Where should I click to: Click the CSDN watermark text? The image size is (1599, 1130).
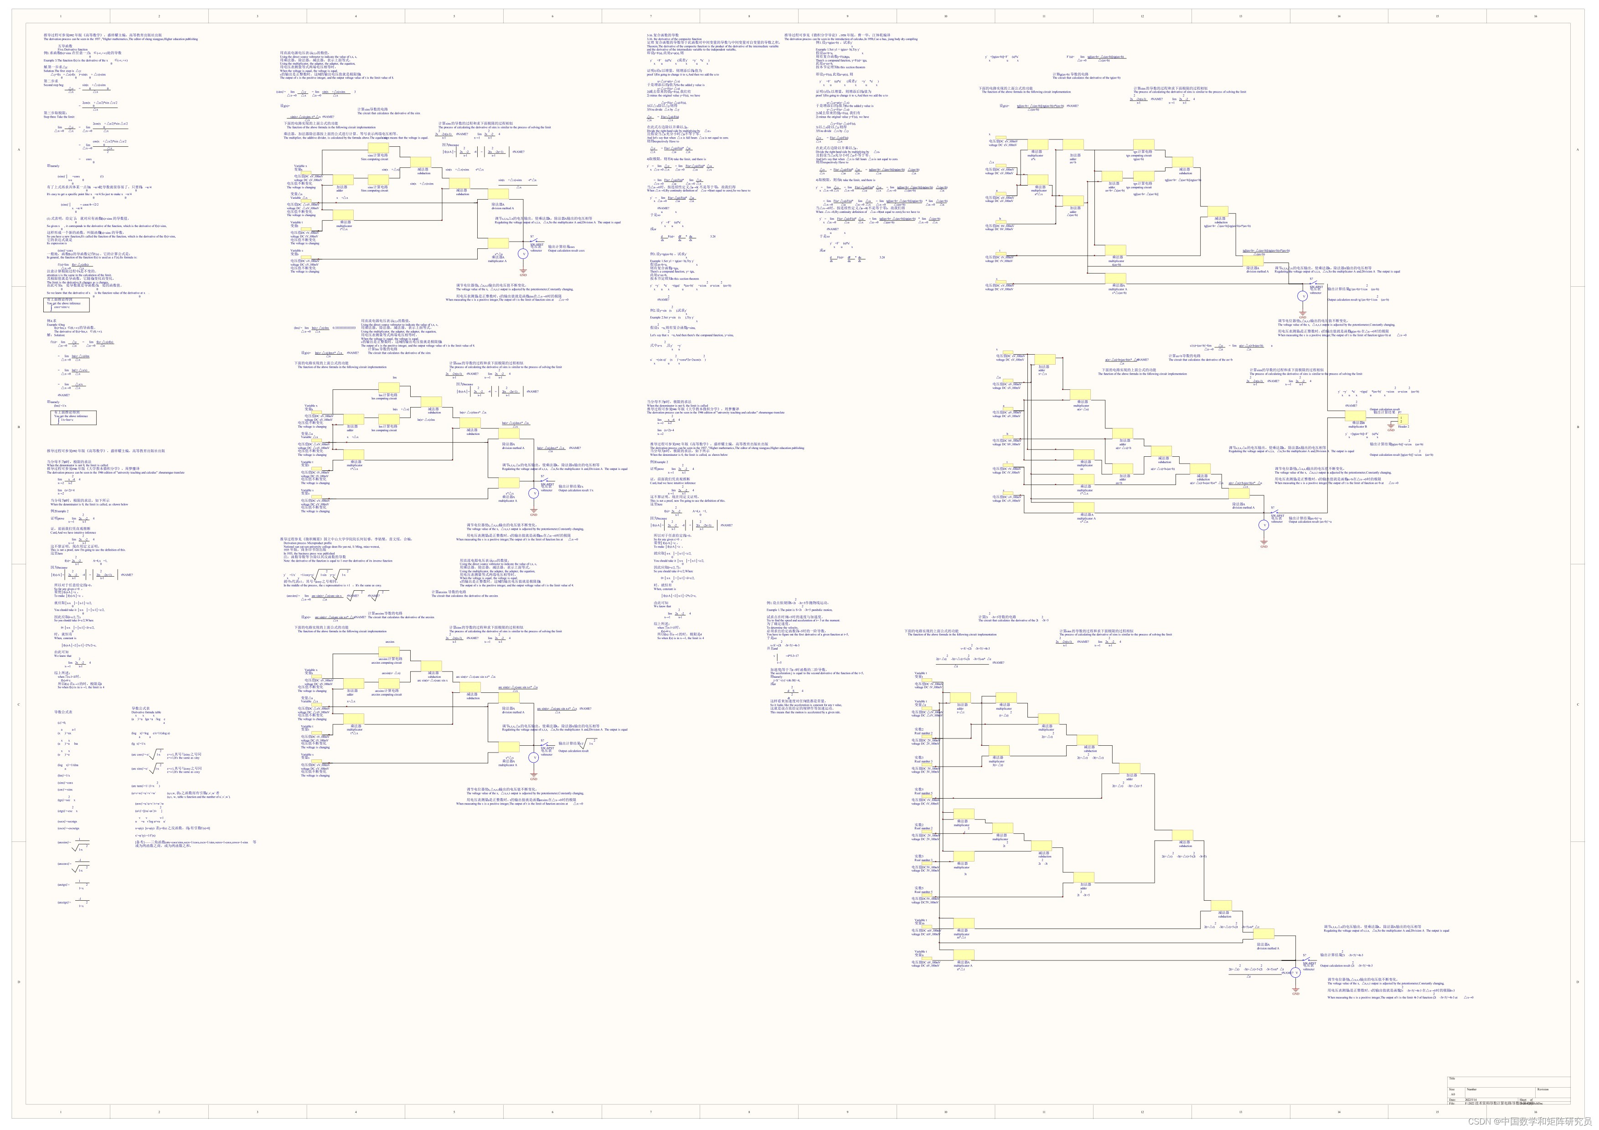click(1532, 1121)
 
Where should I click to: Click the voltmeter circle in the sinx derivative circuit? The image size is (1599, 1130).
click(524, 255)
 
